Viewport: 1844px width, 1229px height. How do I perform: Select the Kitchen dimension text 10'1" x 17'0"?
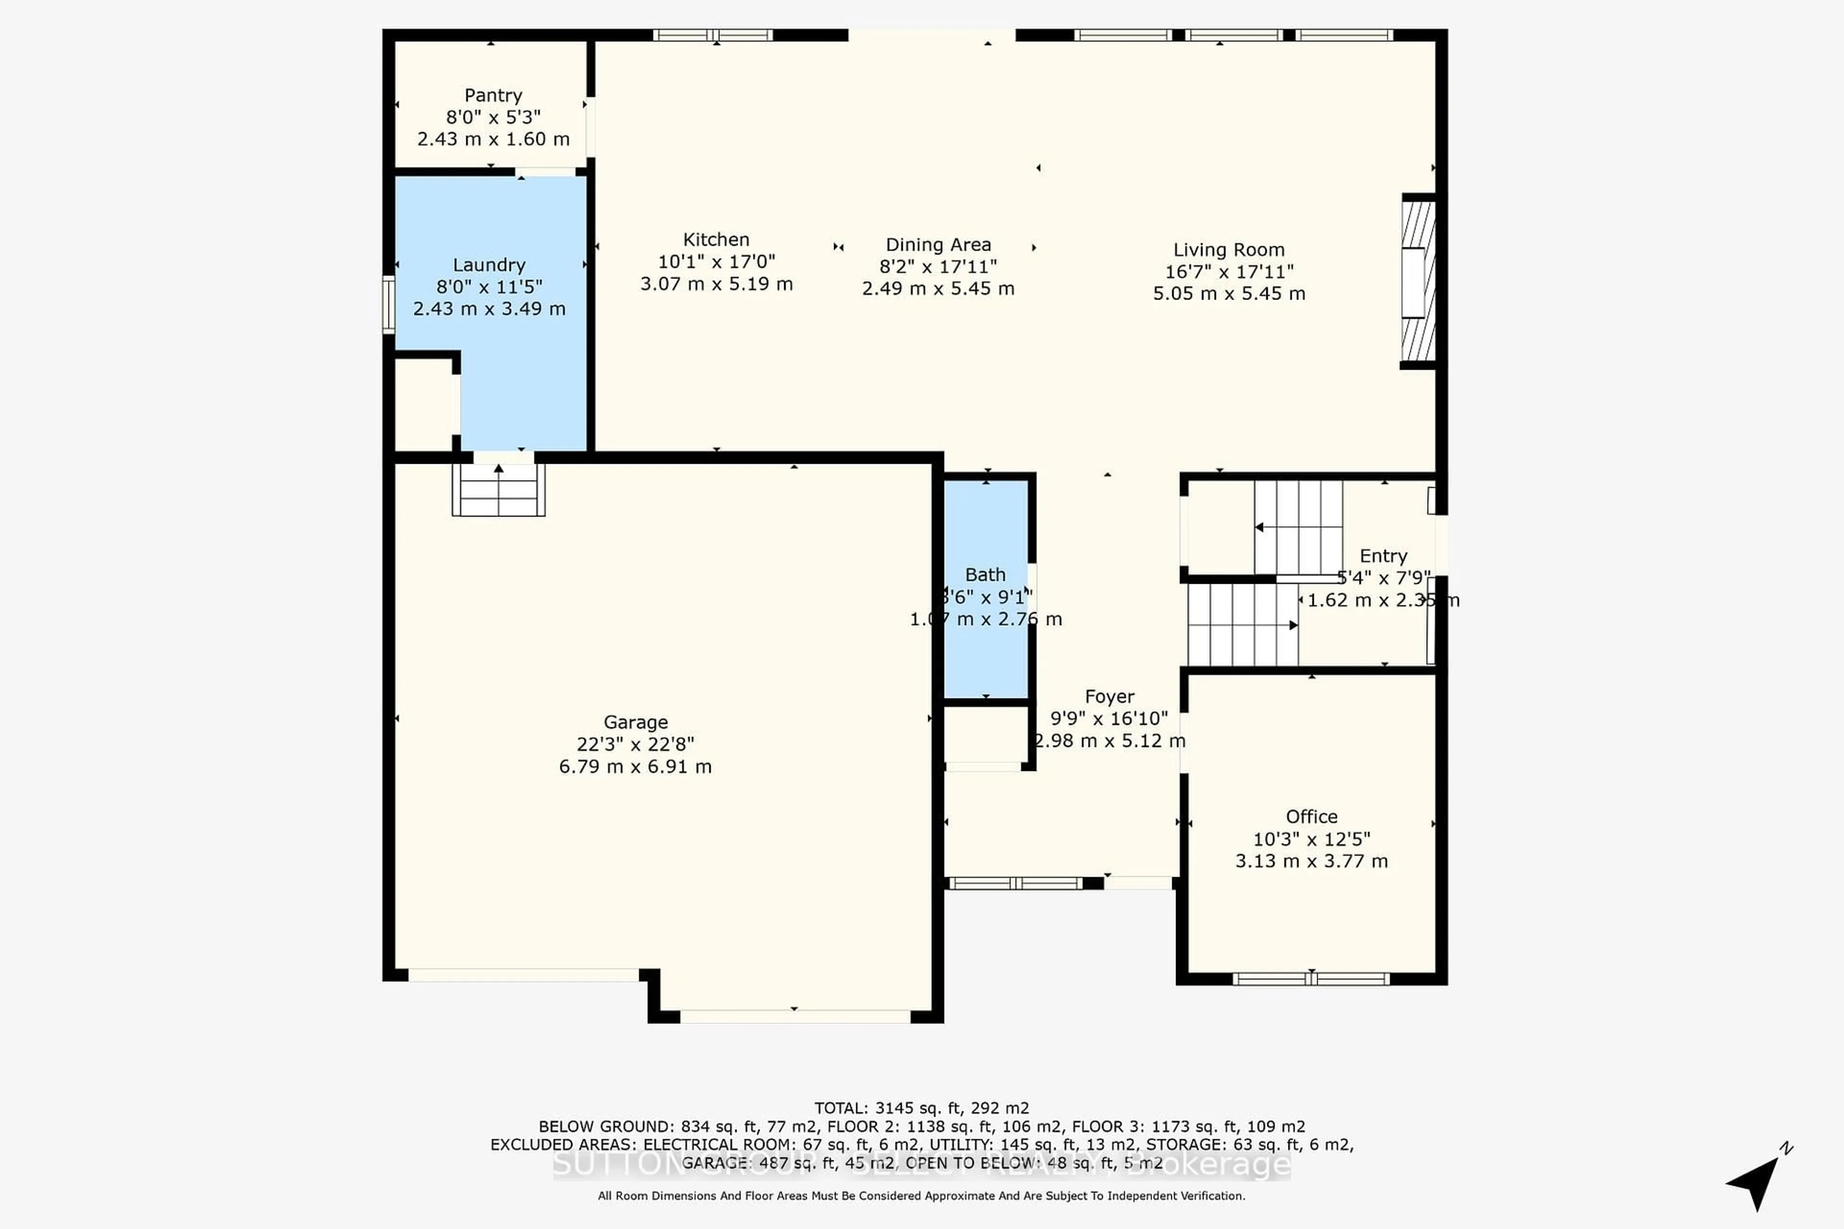tap(716, 262)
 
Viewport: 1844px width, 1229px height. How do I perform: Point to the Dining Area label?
tap(938, 245)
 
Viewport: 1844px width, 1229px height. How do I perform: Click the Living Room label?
tap(1228, 250)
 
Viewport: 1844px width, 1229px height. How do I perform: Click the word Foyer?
tap(1109, 697)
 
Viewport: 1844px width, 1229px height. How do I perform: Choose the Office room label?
tap(1311, 817)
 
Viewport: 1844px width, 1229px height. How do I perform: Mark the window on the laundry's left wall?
tap(388, 304)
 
